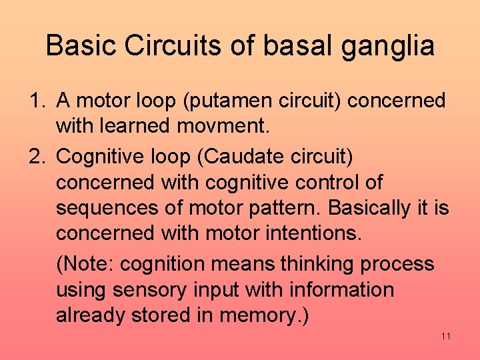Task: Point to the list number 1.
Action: (35, 101)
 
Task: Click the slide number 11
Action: (446, 336)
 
